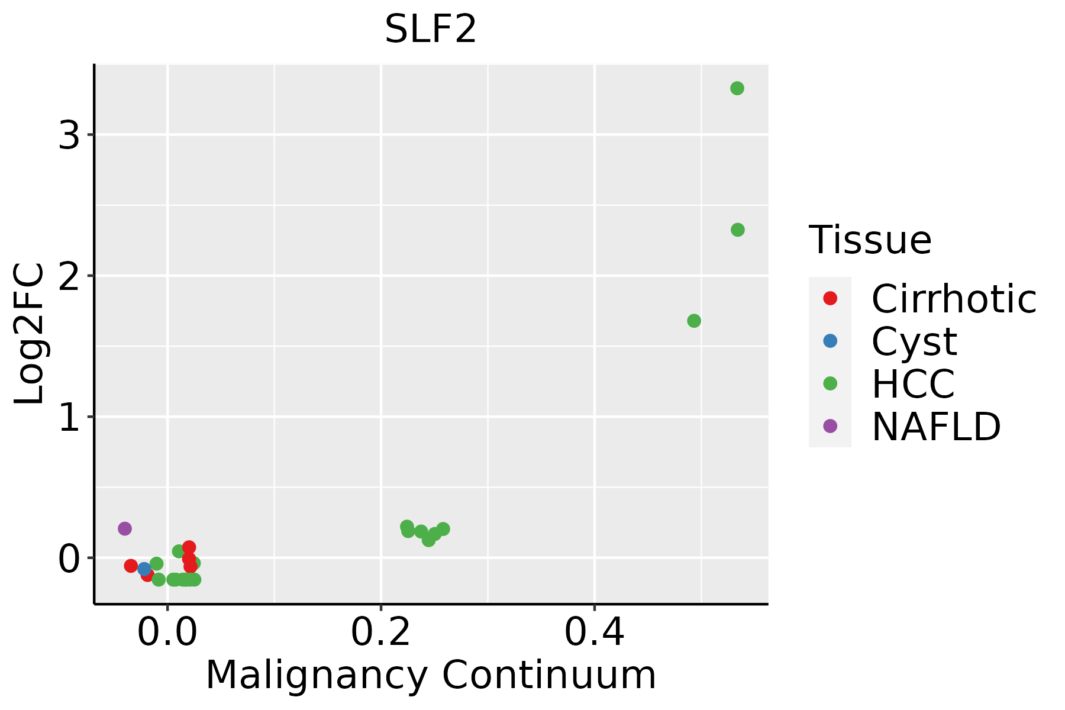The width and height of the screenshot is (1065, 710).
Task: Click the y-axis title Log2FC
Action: tap(30, 334)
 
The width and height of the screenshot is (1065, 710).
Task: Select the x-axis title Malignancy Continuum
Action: tap(430, 675)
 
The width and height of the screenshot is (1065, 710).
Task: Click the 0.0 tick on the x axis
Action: tap(167, 632)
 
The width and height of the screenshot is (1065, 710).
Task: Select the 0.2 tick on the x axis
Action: tap(381, 632)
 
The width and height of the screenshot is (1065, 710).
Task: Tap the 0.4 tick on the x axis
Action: tap(595, 632)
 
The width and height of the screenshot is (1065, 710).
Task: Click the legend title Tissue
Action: tap(870, 240)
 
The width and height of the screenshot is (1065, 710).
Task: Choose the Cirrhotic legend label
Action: tap(954, 299)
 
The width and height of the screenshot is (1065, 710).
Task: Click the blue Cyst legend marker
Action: tap(830, 341)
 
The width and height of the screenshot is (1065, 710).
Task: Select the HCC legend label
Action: tap(913, 384)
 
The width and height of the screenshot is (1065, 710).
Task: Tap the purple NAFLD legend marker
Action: tap(830, 426)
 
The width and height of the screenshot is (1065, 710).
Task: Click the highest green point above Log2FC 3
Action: tap(737, 88)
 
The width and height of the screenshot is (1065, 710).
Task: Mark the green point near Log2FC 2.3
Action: tap(737, 230)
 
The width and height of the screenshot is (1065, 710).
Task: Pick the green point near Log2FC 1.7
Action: tap(694, 321)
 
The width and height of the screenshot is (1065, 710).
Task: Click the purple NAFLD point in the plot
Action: tap(124, 528)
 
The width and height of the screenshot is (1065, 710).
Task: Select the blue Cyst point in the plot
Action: tap(144, 569)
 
